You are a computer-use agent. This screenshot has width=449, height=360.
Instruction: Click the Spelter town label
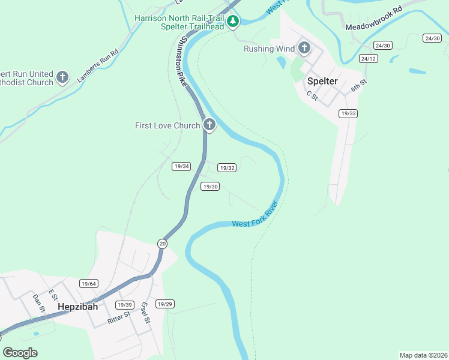point(322,81)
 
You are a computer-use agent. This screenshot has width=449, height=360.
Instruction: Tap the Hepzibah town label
point(77,307)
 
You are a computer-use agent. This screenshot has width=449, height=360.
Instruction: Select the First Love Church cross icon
point(209,125)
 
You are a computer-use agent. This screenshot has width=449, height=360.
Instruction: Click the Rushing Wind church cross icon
point(304,48)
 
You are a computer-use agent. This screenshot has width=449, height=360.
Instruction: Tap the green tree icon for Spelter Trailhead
point(233,22)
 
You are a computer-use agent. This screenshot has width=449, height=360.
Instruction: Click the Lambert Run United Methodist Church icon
point(62,77)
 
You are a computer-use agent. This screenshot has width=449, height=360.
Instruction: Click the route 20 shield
point(163,243)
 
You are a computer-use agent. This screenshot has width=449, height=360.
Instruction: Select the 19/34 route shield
point(181,166)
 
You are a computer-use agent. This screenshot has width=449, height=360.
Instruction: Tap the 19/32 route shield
point(226,168)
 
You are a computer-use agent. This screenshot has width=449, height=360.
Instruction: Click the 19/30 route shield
point(210,187)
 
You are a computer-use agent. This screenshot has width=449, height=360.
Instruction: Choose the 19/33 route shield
point(348,113)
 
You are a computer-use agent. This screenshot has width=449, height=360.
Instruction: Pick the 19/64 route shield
point(88,283)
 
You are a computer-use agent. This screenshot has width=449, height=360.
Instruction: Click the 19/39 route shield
point(124,305)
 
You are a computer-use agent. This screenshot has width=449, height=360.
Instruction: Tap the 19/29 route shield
point(164,304)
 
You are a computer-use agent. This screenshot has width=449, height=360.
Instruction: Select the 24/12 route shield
point(368,58)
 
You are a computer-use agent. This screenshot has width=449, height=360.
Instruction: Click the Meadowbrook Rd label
point(372,23)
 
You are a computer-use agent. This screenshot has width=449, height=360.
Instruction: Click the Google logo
point(20,353)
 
